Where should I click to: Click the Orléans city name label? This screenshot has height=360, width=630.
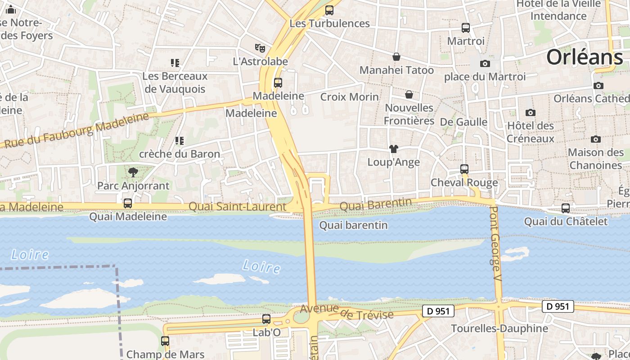click(x=585, y=57)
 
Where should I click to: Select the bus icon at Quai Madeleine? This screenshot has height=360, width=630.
click(x=128, y=203)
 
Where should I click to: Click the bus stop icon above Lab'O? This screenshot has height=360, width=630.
click(x=266, y=319)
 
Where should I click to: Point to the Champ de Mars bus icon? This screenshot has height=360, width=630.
click(x=165, y=341)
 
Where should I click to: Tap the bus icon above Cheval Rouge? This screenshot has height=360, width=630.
click(x=464, y=169)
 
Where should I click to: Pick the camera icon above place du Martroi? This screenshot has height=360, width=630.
click(x=485, y=63)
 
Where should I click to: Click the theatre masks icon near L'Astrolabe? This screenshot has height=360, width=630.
click(x=260, y=48)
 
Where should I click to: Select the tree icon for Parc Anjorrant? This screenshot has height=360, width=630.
click(x=133, y=172)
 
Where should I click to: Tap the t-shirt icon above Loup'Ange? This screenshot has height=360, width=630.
click(x=394, y=149)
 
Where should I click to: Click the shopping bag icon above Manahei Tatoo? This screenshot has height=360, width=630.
click(x=396, y=57)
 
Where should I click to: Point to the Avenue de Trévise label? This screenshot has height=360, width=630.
click(x=346, y=311)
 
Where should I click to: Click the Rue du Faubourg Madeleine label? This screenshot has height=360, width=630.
click(x=76, y=130)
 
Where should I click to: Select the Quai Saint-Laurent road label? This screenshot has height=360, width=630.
click(x=237, y=207)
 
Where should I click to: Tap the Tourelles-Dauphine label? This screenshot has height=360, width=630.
click(x=499, y=328)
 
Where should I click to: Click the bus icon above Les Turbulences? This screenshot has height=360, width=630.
click(x=329, y=10)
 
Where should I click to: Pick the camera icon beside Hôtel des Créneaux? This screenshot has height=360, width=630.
click(x=531, y=112)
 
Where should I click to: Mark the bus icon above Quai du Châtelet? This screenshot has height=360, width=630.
click(x=566, y=208)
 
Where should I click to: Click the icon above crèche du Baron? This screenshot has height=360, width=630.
click(x=180, y=141)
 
